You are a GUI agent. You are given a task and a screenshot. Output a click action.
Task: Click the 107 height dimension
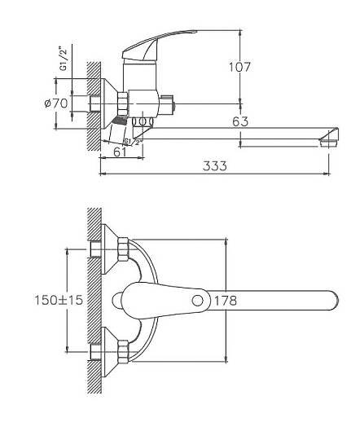coord(239,67)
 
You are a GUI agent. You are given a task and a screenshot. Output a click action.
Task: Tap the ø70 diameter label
coord(56,103)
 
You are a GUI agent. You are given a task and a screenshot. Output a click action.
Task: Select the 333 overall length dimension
coord(215,166)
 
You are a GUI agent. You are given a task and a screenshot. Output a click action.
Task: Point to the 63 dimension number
coord(240,121)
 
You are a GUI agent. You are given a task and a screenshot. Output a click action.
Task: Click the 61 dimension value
coord(120,152)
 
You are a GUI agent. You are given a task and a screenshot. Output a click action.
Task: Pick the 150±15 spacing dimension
coord(59,300)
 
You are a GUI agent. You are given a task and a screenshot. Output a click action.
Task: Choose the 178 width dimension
coord(226,301)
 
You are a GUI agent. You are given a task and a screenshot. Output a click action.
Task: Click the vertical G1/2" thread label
coord(64,59)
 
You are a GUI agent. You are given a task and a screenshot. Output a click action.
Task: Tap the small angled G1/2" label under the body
coord(132,142)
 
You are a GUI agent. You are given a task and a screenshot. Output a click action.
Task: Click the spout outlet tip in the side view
coord(329,143)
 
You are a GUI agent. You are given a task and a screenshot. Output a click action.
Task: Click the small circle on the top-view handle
coord(198,301)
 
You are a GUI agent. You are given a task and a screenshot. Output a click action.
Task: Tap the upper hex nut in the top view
coord(123,249)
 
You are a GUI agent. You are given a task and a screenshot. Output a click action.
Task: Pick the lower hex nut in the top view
coord(123,352)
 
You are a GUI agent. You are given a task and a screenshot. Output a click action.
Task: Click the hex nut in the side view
coord(122,103)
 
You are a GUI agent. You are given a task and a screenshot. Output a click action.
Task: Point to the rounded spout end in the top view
coord(334,301)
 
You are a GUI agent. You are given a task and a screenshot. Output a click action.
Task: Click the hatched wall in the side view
coord(94,107)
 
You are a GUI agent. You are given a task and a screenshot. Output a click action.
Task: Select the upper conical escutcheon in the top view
coord(109,249)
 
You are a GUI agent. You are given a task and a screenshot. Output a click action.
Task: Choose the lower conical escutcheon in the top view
coord(109,352)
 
